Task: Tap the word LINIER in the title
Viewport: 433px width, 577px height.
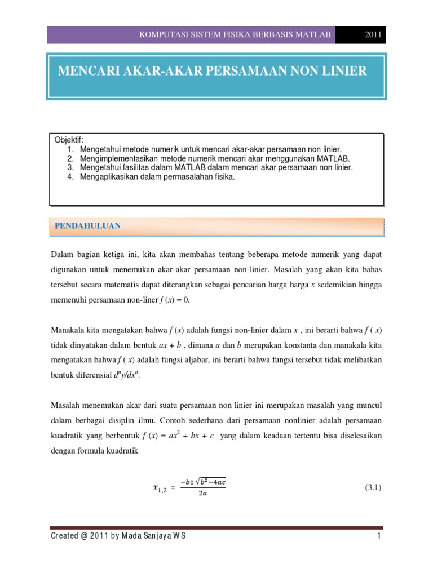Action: pos(343,71)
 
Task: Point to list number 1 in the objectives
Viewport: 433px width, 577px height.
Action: pos(70,149)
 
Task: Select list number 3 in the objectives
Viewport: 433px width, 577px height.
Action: pos(70,168)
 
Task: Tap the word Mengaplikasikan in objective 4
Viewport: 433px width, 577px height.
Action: pos(108,177)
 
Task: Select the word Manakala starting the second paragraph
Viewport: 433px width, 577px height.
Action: pos(68,330)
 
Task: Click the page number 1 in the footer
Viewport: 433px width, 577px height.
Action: pos(379,536)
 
